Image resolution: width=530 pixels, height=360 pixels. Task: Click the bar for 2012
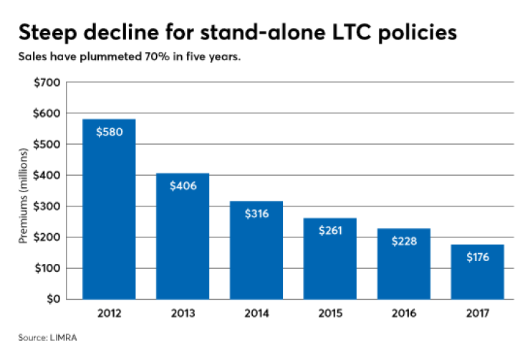click(109, 209)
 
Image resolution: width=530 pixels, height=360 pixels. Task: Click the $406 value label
click(183, 186)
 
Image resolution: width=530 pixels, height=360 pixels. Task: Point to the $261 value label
click(329, 230)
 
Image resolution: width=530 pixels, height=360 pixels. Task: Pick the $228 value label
click(403, 241)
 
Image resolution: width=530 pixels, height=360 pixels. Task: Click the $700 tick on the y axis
click(47, 82)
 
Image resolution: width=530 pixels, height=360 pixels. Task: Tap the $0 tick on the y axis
click(53, 299)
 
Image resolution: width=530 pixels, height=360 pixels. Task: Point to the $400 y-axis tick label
click(47, 175)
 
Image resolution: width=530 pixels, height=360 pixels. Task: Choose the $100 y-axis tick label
click(47, 268)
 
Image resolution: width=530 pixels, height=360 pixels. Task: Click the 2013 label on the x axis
click(183, 314)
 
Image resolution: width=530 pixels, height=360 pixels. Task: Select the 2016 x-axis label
click(403, 314)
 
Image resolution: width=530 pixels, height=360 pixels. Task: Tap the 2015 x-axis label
click(329, 314)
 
